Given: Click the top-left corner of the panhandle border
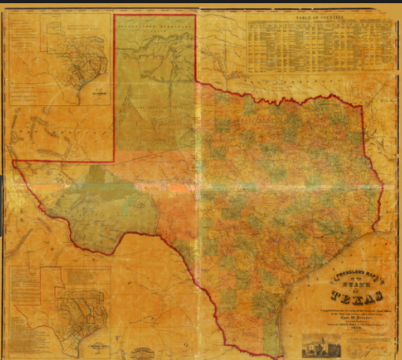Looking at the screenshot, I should coord(114,15).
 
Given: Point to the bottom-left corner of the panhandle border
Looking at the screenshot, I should coord(114,160).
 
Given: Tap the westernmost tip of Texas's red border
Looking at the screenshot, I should coord(13,161).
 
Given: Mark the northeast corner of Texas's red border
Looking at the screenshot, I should coord(362,106).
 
